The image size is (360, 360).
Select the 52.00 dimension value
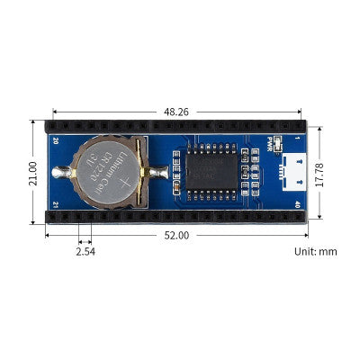[176, 236]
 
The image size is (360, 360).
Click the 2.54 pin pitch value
[85, 251]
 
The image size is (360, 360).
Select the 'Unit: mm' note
[315, 251]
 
